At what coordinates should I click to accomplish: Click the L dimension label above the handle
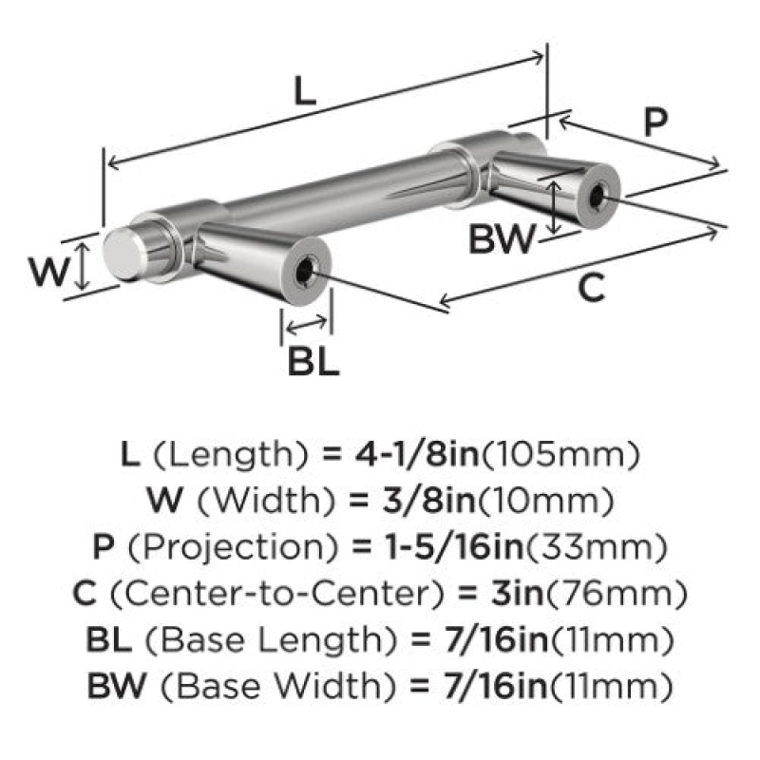(x=305, y=90)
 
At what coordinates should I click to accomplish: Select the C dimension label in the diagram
(x=592, y=288)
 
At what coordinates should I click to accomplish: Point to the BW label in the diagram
(x=502, y=239)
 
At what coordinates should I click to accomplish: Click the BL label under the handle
(x=313, y=361)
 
